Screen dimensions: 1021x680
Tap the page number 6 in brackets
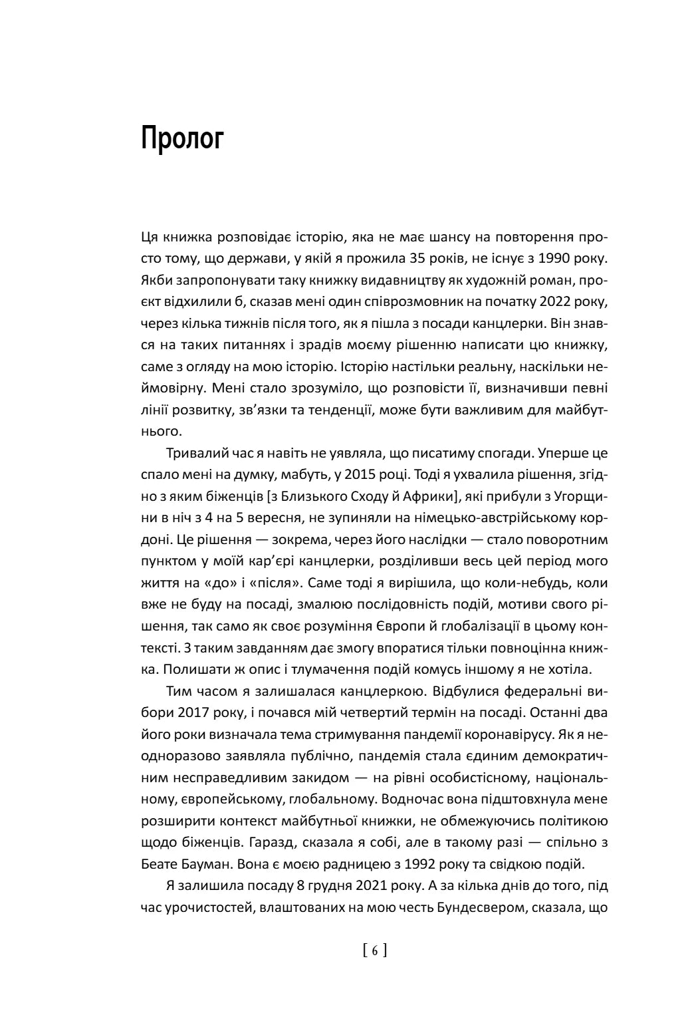tap(375, 950)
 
